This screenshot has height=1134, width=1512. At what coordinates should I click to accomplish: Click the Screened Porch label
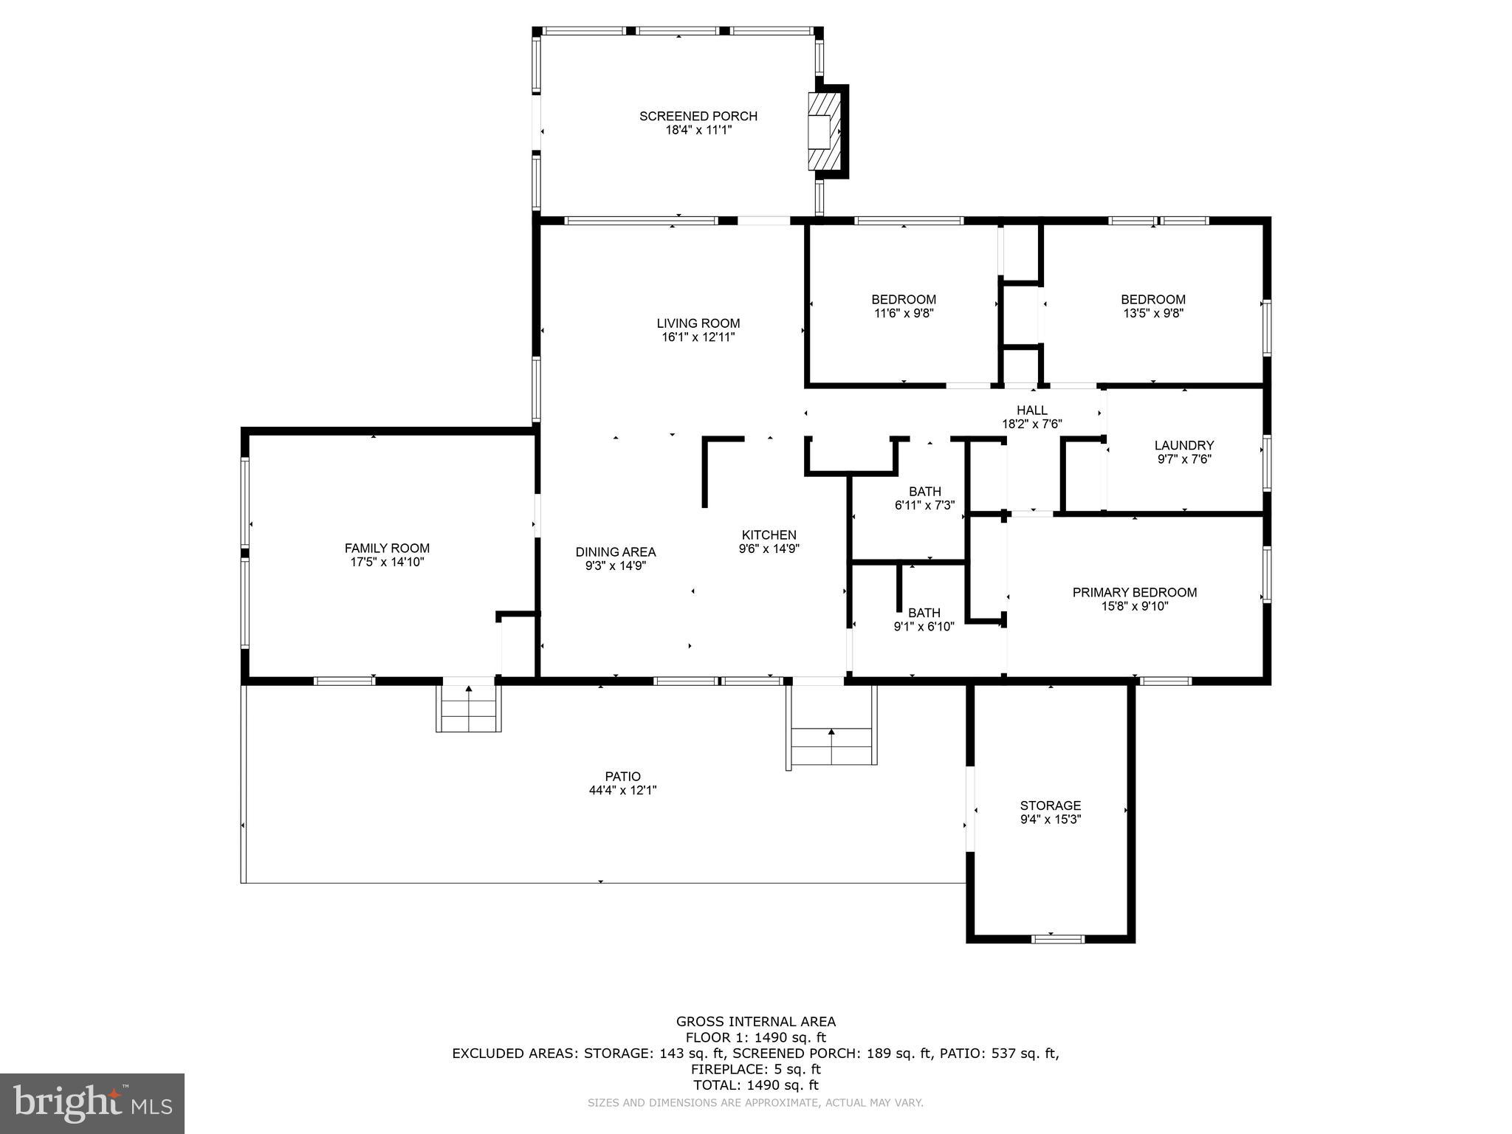click(698, 116)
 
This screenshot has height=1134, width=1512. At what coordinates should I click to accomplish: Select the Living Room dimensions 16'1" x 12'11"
click(698, 337)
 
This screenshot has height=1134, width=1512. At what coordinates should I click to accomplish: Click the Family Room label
click(387, 548)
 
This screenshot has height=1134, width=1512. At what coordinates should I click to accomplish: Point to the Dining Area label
click(615, 551)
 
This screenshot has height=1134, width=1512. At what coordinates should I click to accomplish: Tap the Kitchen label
click(769, 535)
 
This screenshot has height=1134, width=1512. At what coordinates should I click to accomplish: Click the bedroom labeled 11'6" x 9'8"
click(904, 306)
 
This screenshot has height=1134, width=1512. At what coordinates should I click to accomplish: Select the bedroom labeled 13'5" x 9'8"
click(1152, 306)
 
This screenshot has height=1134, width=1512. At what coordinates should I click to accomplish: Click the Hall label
click(1031, 410)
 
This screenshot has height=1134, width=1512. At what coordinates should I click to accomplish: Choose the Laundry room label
click(1183, 445)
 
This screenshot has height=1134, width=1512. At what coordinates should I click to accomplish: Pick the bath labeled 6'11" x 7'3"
click(924, 498)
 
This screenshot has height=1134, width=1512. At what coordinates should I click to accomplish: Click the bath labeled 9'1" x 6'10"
click(924, 619)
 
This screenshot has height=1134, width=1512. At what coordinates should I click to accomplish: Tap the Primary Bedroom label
click(1134, 592)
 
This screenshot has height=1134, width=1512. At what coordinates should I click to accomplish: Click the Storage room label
click(1050, 805)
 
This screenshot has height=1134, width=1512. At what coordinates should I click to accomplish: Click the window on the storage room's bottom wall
click(1057, 939)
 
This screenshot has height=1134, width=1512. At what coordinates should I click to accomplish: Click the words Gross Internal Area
click(755, 1022)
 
